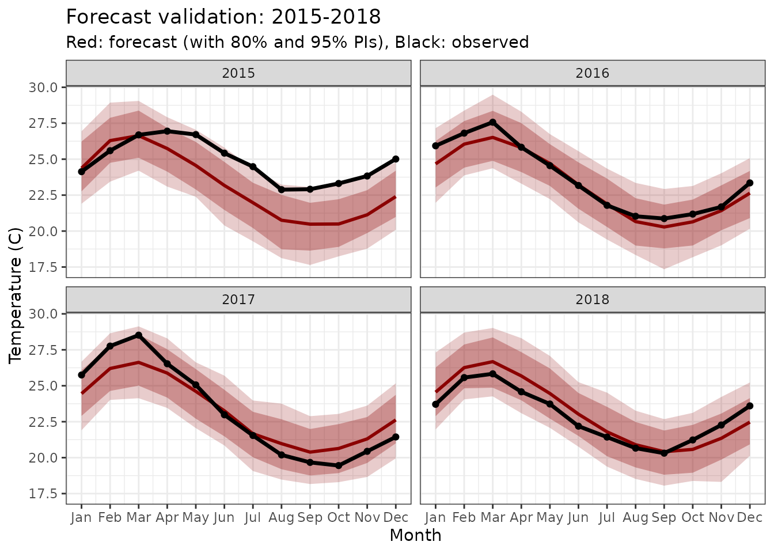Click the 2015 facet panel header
(x=238, y=73)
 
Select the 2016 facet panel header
(x=592, y=73)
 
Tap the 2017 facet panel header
(x=238, y=300)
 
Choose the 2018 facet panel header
(x=592, y=300)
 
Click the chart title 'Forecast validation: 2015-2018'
(x=223, y=17)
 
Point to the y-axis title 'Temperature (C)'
(x=16, y=295)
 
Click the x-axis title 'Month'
(x=415, y=536)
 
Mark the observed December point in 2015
(x=396, y=159)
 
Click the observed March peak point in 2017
(x=138, y=335)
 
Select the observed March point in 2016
(x=492, y=122)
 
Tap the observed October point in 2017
(x=339, y=465)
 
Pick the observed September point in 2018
(x=664, y=453)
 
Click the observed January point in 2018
(x=435, y=404)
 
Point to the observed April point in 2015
(x=167, y=131)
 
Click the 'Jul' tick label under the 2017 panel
(x=252, y=518)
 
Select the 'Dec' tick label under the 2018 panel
(x=750, y=518)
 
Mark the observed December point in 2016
(x=750, y=183)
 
